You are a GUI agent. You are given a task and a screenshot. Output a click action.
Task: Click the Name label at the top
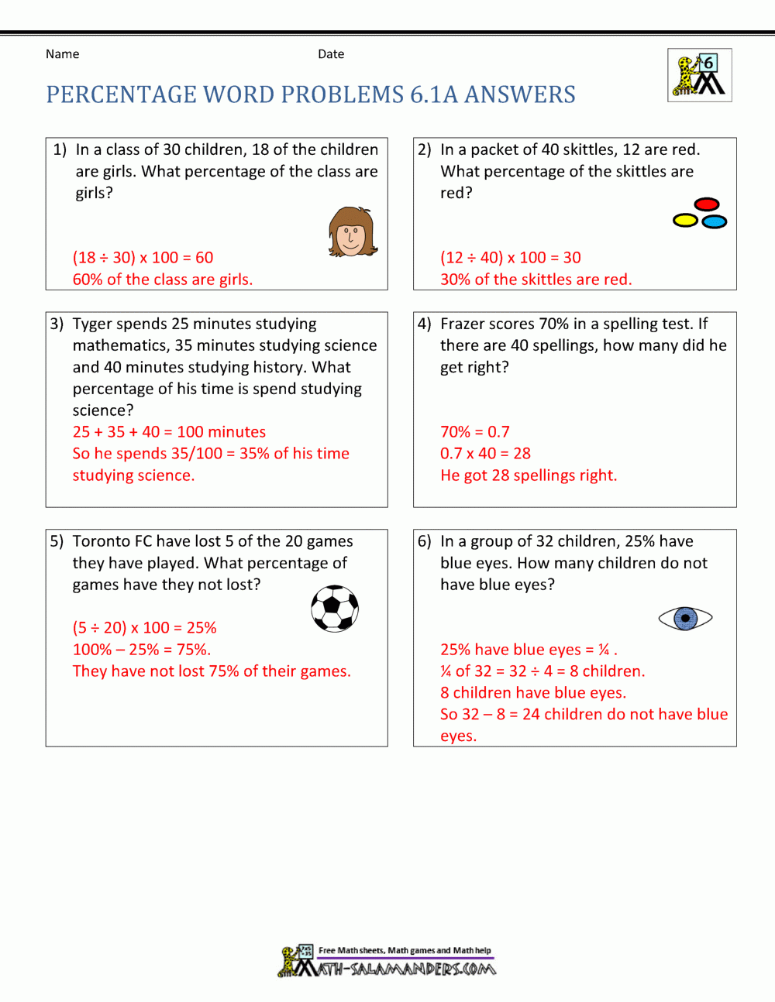tap(62, 54)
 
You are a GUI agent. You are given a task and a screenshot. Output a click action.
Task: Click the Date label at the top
tap(331, 54)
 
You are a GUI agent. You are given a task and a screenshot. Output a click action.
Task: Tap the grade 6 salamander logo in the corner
tap(699, 75)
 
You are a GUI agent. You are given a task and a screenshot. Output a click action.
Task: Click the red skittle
tap(707, 204)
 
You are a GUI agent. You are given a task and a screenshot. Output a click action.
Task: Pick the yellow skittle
tap(686, 221)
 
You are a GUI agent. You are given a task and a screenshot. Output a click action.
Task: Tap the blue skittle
tap(715, 222)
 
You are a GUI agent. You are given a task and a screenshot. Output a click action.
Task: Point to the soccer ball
tap(335, 608)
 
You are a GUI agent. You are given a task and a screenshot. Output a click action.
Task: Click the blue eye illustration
tap(685, 618)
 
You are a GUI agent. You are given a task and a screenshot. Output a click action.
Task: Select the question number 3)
tap(57, 324)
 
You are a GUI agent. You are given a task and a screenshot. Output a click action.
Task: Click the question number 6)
tap(425, 541)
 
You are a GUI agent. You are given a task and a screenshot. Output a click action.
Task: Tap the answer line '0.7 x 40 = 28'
tap(485, 454)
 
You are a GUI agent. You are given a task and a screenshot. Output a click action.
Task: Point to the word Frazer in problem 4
tap(463, 324)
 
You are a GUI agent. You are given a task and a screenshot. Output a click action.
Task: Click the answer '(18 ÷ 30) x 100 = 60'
tap(143, 258)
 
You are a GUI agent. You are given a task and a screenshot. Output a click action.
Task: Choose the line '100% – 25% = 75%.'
tap(142, 650)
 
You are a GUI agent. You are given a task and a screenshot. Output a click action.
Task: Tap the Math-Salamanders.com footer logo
tap(387, 961)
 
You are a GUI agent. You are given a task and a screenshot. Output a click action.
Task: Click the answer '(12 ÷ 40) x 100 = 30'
tap(510, 258)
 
